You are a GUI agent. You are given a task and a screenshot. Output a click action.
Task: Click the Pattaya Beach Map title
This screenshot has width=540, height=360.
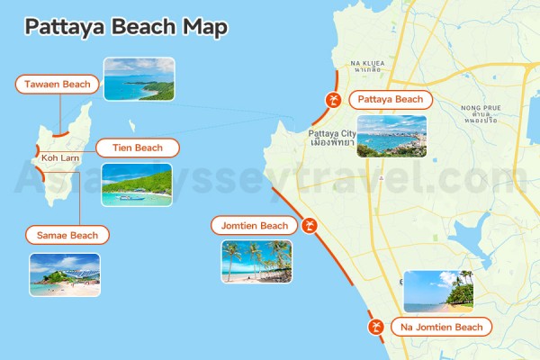[x=126, y=26]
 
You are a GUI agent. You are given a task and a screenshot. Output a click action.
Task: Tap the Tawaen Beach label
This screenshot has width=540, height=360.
[x=58, y=85]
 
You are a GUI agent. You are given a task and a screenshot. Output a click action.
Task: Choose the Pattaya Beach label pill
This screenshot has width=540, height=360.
[x=390, y=99]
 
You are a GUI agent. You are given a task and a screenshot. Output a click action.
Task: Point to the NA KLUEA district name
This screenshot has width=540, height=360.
[x=369, y=64]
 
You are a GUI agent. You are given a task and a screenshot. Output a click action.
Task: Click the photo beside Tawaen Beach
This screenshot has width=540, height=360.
[x=139, y=78]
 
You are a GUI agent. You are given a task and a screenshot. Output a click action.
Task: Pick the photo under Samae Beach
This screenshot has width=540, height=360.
[x=65, y=274]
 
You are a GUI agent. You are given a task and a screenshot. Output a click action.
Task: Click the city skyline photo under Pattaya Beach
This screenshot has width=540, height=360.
[x=391, y=137]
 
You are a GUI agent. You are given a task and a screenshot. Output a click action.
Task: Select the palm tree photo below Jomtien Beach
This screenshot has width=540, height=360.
[x=256, y=261]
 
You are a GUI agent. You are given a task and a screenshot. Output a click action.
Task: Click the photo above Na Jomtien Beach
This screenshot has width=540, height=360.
[x=438, y=291]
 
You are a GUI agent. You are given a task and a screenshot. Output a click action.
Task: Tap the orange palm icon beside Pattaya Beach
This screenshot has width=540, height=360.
[x=334, y=100]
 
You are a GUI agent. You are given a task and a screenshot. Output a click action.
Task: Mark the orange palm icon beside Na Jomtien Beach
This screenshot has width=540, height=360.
[x=375, y=327]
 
